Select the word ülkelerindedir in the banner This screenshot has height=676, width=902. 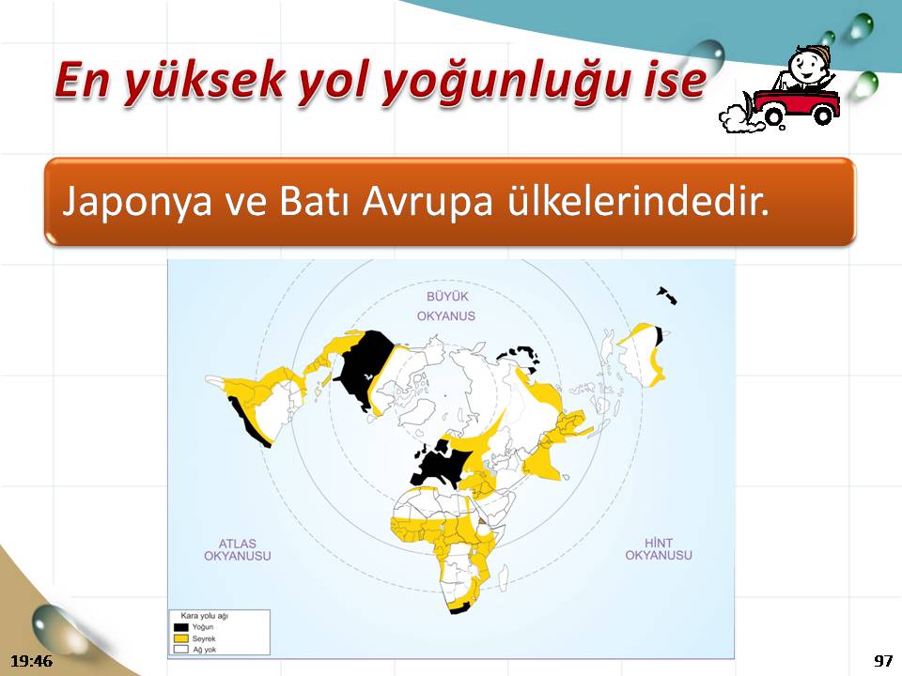point(638,200)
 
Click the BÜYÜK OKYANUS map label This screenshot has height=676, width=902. point(446,306)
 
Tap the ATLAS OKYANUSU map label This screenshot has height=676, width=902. point(237,549)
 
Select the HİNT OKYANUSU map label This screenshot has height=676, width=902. point(659,549)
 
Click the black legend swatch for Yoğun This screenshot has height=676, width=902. point(181,627)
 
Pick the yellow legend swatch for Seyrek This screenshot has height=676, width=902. point(181,638)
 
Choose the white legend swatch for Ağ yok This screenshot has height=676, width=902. point(181,649)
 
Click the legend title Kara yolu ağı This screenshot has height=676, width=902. point(204,616)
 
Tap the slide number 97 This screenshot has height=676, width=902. point(883,660)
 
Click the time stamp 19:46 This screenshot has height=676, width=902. point(32,660)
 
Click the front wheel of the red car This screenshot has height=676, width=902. point(824,116)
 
